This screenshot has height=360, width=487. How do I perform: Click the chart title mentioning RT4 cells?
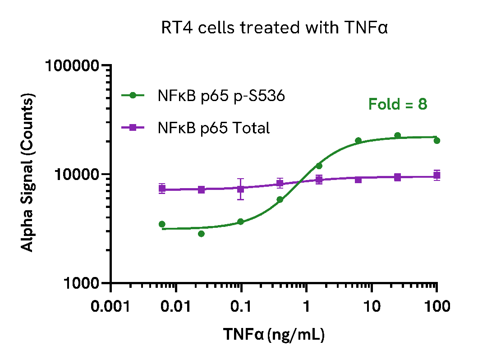275,28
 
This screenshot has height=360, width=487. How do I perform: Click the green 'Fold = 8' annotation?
398,104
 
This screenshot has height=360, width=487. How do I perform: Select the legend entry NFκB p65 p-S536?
221,96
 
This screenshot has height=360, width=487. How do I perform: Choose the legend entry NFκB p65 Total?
213,128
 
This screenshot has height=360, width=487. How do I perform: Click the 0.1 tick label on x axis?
241,307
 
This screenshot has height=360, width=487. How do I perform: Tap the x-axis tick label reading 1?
306,307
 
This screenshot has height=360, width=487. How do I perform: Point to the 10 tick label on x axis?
371,307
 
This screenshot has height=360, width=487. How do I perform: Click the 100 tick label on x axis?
436,307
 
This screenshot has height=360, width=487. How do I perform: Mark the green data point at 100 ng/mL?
436,141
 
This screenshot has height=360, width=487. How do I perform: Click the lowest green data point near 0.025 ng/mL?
201,234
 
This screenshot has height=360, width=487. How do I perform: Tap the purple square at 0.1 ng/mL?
241,189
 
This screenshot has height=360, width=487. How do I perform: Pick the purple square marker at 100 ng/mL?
436,175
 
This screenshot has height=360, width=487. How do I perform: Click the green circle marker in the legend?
133,95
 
